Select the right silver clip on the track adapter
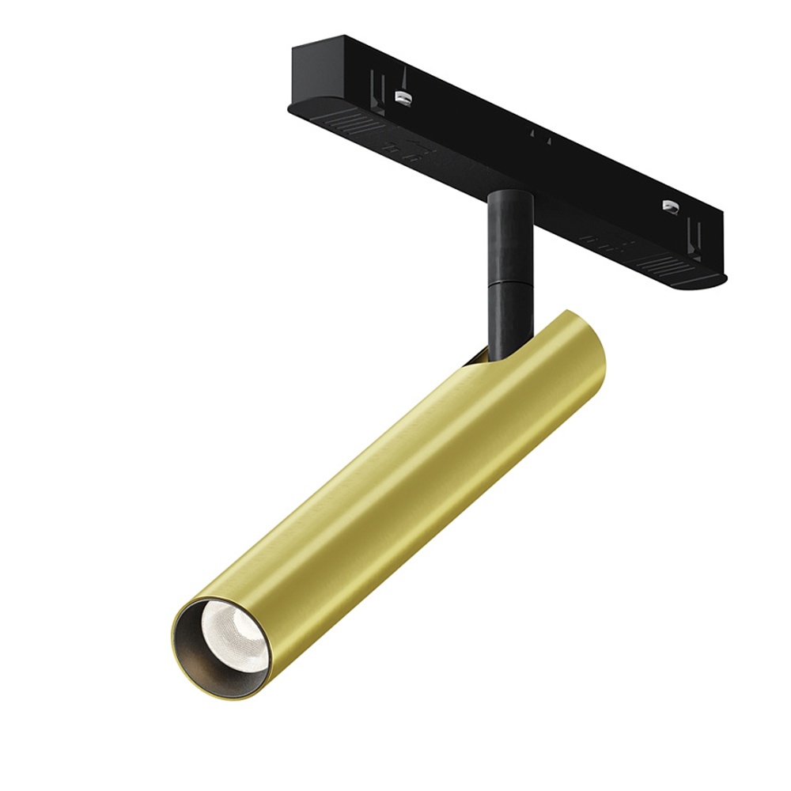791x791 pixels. [670, 206]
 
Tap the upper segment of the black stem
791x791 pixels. [508, 237]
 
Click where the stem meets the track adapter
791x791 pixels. [509, 194]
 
